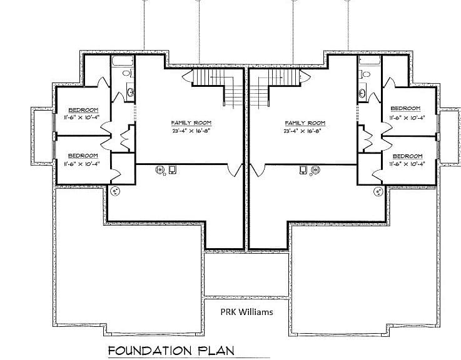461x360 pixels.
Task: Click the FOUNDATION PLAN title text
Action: point(171,351)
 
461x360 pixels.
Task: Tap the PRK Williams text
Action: point(246,312)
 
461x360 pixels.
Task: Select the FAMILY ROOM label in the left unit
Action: point(191,123)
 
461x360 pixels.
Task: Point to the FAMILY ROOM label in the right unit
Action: point(305,123)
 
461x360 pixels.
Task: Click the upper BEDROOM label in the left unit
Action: point(83,110)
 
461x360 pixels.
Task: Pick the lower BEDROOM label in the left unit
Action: point(83,156)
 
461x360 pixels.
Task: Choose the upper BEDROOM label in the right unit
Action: point(405,109)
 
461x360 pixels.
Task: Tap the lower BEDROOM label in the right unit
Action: point(407,156)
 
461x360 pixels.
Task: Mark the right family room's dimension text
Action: point(302,131)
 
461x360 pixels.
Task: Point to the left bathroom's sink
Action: point(131,92)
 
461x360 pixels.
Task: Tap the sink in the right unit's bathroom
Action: point(362,94)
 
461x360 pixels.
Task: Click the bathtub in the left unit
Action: point(123,61)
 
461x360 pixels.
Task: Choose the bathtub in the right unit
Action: point(370,61)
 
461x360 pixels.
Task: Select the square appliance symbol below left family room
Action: point(172,169)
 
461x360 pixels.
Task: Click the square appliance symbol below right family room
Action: point(303,170)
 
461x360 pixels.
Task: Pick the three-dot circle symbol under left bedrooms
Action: point(115,191)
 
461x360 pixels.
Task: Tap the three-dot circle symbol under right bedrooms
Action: point(378,192)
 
